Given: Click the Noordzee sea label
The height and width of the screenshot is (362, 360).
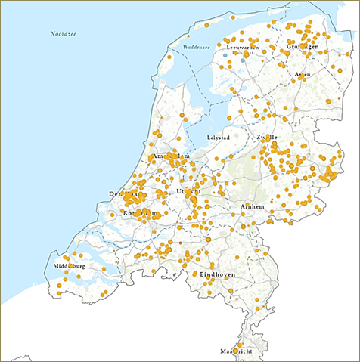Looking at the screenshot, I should click(x=64, y=35).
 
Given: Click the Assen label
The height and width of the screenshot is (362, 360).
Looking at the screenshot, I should click(x=303, y=75).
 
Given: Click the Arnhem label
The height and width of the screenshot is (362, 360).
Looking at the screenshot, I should click(x=252, y=206).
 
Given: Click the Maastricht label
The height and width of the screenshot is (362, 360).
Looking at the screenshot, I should click(x=235, y=352).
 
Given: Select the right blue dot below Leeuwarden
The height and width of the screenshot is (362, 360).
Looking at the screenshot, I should click(x=244, y=56).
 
